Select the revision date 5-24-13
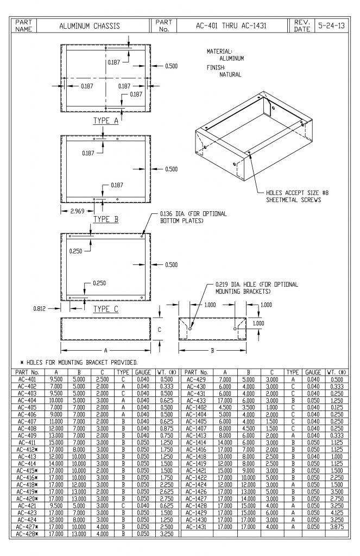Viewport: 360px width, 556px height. pyautogui.click(x=337, y=26)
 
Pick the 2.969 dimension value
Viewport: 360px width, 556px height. pyautogui.click(x=77, y=211)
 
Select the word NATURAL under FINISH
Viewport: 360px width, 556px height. pyautogui.click(x=230, y=74)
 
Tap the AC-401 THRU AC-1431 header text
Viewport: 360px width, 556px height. pyautogui.click(x=231, y=26)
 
